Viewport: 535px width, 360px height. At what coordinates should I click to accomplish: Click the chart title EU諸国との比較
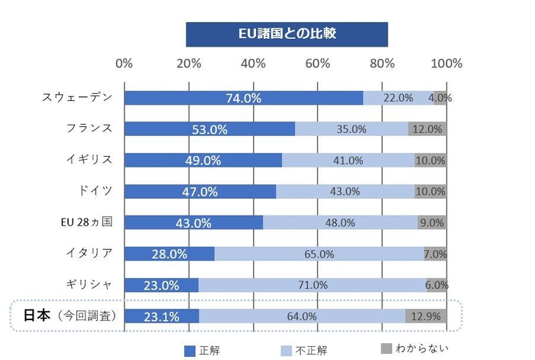click(287, 34)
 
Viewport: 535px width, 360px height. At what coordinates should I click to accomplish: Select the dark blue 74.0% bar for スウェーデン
click(243, 98)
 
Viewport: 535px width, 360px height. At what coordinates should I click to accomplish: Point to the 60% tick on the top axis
click(319, 63)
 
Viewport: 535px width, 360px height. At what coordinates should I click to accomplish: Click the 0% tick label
click(124, 63)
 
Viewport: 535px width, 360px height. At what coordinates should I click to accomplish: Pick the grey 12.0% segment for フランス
click(427, 129)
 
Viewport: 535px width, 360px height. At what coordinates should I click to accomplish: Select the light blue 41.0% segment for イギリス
click(348, 161)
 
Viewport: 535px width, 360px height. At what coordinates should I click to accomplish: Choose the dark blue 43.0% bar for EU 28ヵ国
click(193, 222)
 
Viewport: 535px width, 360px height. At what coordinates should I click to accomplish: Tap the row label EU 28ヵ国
click(87, 222)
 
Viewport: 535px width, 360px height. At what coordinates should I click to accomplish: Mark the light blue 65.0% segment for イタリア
click(319, 254)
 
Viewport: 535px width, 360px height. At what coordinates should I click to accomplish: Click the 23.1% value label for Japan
click(162, 316)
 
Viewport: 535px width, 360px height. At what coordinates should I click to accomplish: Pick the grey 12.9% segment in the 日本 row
click(426, 316)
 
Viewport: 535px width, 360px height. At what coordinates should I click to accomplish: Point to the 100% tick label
click(447, 63)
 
